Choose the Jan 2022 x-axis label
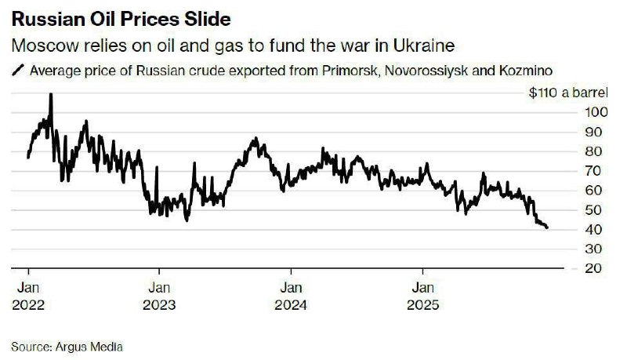coord(28,296)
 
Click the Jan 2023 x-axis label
coord(161,296)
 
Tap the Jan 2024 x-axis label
coord(292,296)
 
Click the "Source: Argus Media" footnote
coord(68,345)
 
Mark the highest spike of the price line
coord(51,95)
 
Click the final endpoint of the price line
coord(547,227)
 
